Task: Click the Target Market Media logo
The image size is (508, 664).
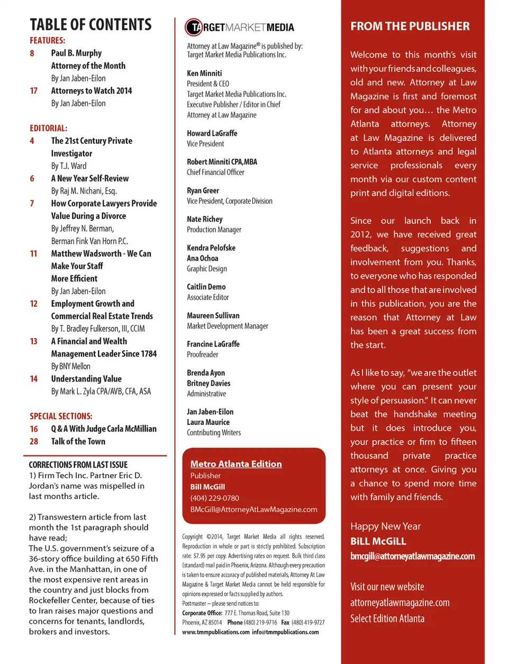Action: tap(239, 27)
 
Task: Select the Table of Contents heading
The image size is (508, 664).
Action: tap(90, 25)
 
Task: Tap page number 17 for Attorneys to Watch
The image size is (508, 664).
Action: tap(34, 90)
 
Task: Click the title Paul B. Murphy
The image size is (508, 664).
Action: tap(76, 53)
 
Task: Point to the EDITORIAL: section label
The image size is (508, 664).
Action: tap(48, 128)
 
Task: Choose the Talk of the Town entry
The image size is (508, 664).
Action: tap(78, 441)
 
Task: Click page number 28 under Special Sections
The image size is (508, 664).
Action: tap(34, 441)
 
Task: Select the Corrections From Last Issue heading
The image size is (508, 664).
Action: tap(78, 465)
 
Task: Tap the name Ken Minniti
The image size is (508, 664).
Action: tap(204, 73)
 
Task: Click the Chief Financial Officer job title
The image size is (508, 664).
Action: tap(215, 172)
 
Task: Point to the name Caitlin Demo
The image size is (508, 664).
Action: tap(206, 287)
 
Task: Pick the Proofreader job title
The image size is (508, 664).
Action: tap(202, 354)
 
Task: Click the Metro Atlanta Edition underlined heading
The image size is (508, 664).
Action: tap(236, 464)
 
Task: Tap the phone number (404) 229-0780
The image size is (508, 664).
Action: tap(214, 498)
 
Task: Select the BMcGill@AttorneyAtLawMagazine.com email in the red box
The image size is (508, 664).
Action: tap(253, 510)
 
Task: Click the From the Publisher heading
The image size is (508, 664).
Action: tap(410, 26)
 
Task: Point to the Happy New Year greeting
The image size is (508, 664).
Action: tap(385, 526)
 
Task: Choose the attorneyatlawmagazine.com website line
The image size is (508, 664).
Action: tap(400, 603)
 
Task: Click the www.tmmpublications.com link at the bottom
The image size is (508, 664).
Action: tap(215, 632)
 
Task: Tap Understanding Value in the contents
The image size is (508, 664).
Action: tap(86, 379)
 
